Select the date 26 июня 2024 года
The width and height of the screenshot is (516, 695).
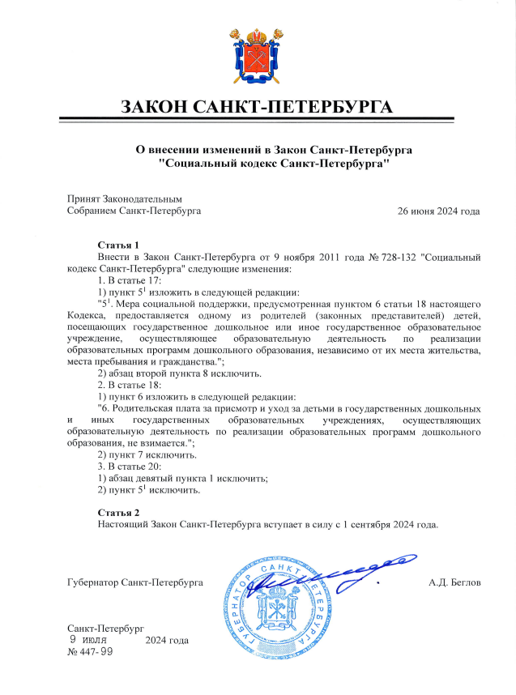(x=438, y=211)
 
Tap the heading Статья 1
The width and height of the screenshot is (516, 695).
(x=119, y=245)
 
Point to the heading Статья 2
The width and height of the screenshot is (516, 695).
(x=119, y=513)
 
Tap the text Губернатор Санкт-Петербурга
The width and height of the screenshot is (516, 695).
(x=134, y=582)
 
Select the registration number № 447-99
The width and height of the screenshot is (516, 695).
(x=91, y=651)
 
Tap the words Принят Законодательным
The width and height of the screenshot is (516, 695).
(x=126, y=198)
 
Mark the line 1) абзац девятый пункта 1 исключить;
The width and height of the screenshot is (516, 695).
(x=182, y=478)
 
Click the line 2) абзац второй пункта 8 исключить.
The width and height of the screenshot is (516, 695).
(x=179, y=373)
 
